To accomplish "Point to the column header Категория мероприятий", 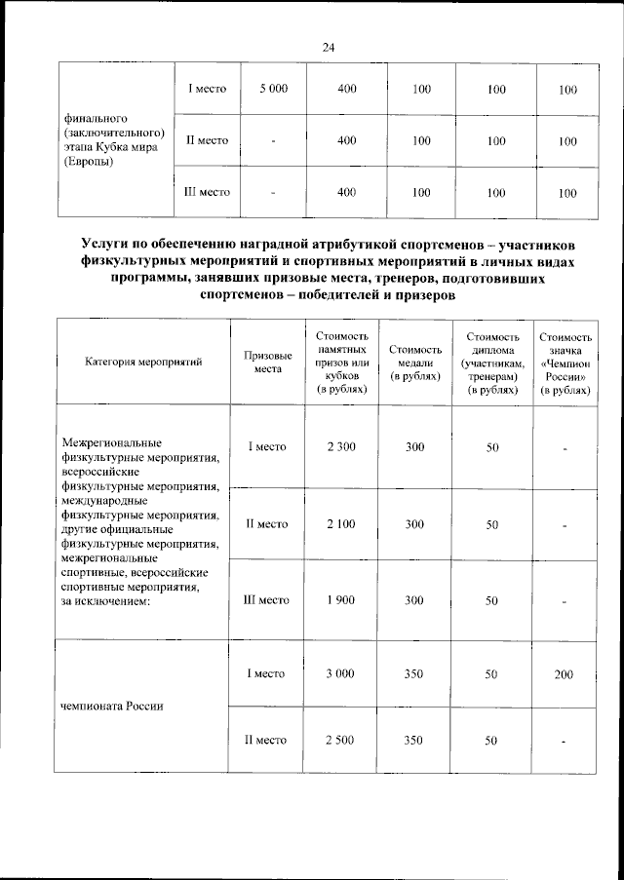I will click(143, 362).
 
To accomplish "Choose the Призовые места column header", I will click(267, 362).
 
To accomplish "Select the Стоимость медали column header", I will click(414, 362).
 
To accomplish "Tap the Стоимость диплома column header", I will click(491, 362).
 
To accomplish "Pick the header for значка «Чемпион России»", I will click(565, 362).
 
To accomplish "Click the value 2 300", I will click(341, 446).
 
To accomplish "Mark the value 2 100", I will click(341, 523).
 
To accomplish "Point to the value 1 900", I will click(341, 601).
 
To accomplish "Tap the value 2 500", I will click(341, 741).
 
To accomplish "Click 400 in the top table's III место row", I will click(346, 193).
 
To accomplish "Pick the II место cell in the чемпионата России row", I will click(266, 741).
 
